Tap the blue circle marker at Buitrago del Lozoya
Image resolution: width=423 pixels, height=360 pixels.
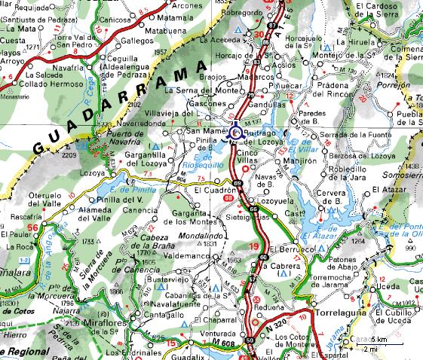tap(236, 133)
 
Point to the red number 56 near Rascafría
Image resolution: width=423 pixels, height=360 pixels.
tap(32, 227)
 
